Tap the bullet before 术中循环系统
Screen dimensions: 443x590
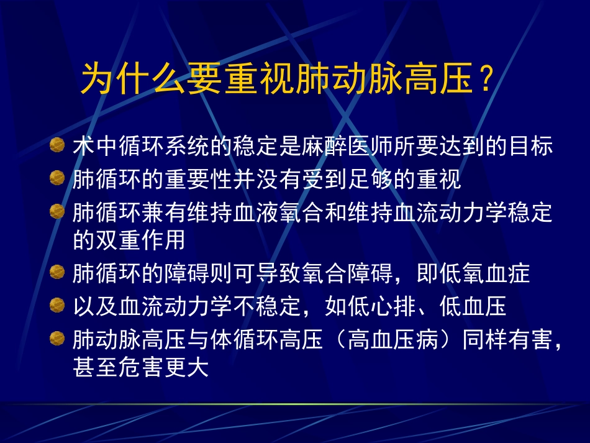point(57,146)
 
